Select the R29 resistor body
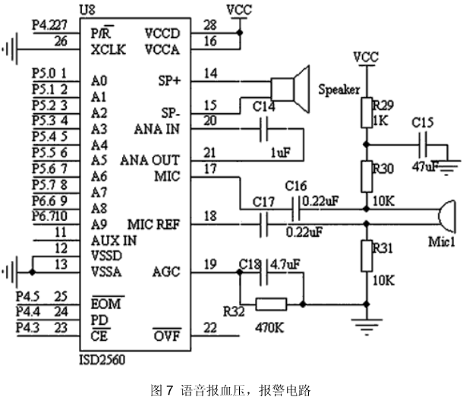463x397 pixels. (367, 113)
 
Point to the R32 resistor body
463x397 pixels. (271, 304)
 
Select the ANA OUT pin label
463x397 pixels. (150, 161)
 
